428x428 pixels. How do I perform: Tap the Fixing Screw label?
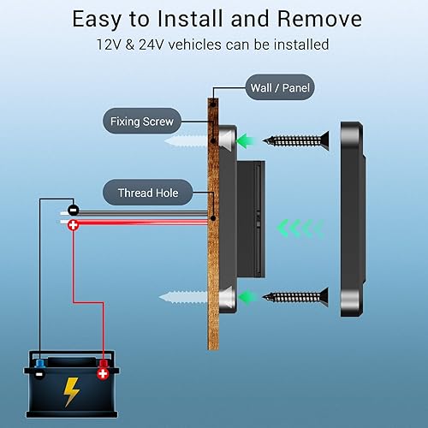tap(141, 122)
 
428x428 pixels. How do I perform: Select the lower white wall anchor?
tap(183, 297)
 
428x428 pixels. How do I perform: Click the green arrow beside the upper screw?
tap(249, 139)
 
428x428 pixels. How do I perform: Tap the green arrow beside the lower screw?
tap(249, 297)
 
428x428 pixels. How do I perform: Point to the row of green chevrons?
tap(300, 228)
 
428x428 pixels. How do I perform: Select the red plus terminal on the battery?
tap(104, 372)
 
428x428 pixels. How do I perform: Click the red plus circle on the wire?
tap(74, 225)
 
